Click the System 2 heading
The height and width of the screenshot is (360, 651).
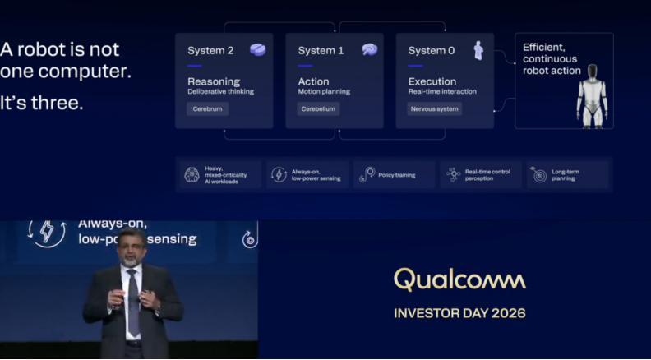(210, 51)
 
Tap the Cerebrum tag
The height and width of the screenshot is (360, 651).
(207, 109)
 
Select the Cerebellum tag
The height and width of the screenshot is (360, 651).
(318, 109)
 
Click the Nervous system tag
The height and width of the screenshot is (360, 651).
(434, 109)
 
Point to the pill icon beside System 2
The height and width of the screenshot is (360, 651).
(258, 50)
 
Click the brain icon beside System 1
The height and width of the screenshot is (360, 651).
(369, 50)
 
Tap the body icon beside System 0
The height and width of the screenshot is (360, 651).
(478, 50)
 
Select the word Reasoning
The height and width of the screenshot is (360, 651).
(214, 82)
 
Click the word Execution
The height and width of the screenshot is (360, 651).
(432, 82)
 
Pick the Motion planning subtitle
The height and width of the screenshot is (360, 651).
(324, 92)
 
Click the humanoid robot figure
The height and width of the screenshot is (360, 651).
(592, 96)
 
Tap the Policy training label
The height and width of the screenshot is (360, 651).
(396, 175)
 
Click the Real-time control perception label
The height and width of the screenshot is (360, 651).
(487, 175)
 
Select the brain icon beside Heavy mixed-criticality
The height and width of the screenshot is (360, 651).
(192, 175)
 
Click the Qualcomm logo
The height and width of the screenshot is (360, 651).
(459, 279)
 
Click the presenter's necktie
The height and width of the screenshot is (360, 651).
(133, 301)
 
